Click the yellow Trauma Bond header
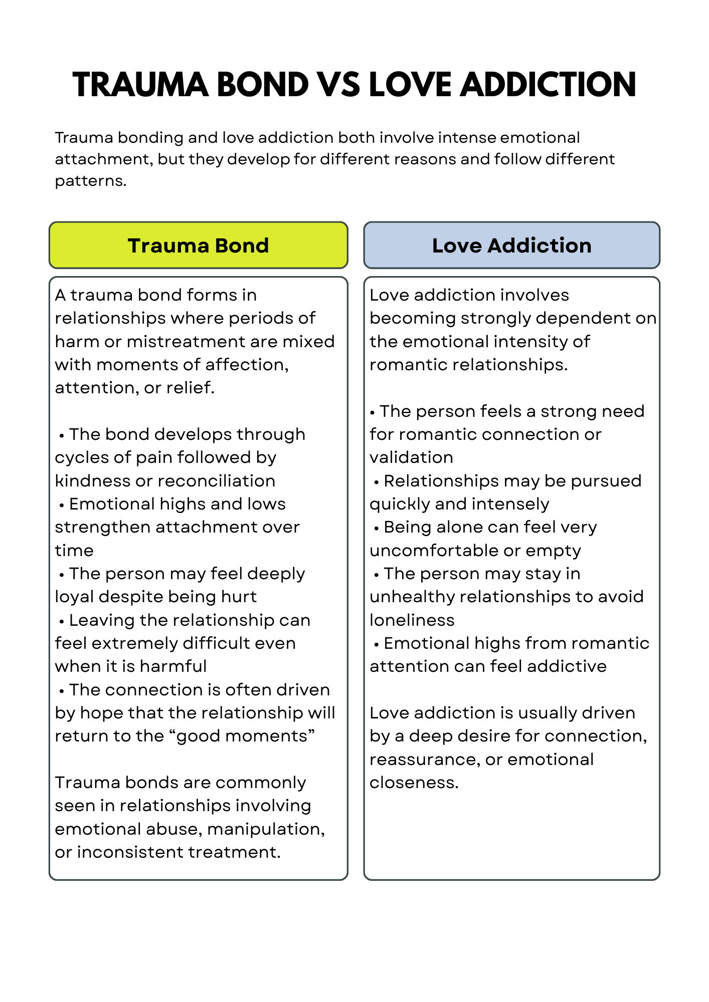tap(198, 245)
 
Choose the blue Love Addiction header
tap(511, 245)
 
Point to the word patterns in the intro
tap(90, 181)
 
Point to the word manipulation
tap(265, 829)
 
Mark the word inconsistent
tap(125, 852)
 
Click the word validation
tap(411, 457)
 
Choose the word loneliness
tap(412, 620)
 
